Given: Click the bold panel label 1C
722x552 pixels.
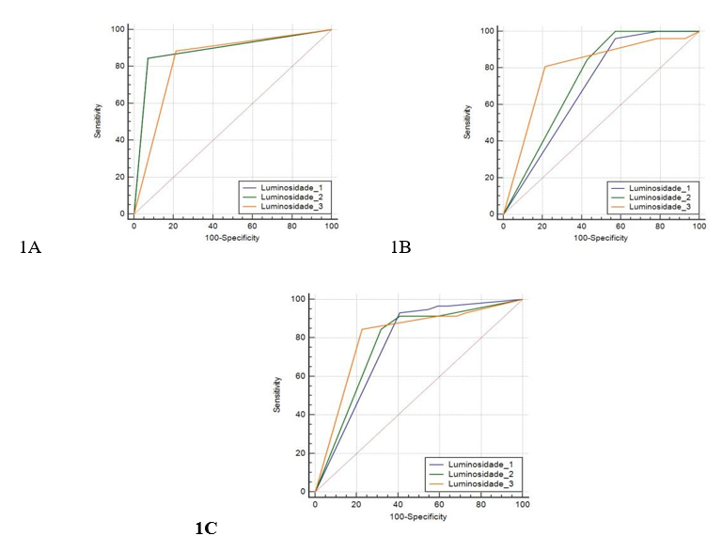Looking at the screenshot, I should (206, 528).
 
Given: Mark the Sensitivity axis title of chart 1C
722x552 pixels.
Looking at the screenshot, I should (275, 394).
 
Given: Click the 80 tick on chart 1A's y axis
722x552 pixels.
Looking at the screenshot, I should (118, 66).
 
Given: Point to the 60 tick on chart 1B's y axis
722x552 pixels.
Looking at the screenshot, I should (489, 103).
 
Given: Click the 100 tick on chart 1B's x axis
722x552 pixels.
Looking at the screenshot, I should (698, 227).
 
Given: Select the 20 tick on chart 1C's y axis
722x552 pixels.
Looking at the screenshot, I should (301, 453).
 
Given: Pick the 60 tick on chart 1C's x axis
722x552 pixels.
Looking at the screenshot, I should (439, 505).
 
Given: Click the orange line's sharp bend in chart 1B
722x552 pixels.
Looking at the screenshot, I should (544, 67).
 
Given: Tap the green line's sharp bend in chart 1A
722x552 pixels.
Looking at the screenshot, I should (148, 58).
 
